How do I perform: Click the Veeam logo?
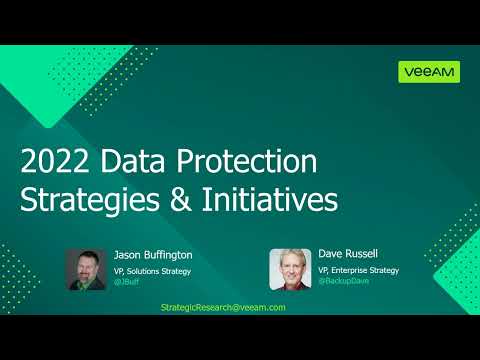pyautogui.click(x=429, y=72)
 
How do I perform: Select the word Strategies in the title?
pyautogui.click(x=87, y=198)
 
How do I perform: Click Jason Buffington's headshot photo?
pyautogui.click(x=86, y=269)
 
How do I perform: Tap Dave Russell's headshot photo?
pyautogui.click(x=289, y=269)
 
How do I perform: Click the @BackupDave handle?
pyautogui.click(x=343, y=283)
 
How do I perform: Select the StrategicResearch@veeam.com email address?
pyautogui.click(x=223, y=307)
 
